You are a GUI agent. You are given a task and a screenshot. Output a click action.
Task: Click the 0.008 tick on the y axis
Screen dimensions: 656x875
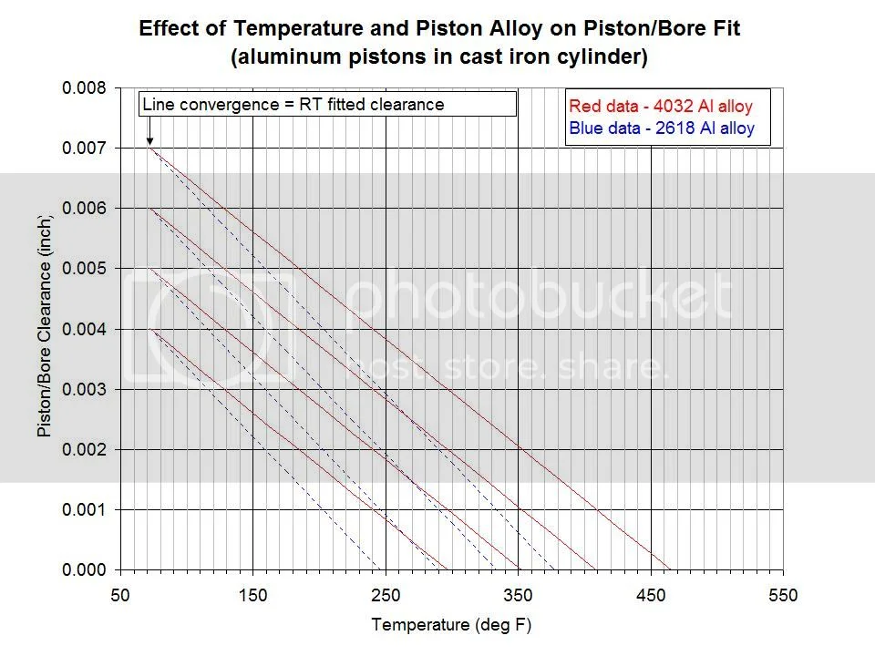coord(84,88)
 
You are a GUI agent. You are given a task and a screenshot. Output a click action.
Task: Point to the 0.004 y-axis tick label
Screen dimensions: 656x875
coord(84,329)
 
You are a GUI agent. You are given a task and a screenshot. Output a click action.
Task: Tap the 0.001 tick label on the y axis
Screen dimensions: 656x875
coord(84,509)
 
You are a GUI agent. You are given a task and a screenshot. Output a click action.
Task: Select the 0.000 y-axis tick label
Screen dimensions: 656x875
coord(84,569)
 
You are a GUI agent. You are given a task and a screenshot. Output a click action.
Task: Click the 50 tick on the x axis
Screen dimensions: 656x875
coord(120,596)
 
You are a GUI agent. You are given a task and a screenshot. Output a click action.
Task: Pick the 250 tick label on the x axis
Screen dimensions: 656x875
coord(386,596)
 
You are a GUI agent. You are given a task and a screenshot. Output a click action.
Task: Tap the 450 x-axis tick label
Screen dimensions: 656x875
coord(651,596)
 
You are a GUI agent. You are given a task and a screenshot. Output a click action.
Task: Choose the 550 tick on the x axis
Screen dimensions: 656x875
coord(783,596)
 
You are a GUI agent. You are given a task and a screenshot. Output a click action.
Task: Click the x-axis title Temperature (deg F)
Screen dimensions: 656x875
coord(451,625)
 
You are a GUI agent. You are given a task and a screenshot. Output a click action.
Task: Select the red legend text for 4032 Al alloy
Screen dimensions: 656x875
coord(660,108)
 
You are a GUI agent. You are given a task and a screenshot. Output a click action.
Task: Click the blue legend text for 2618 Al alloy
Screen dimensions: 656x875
coord(661,128)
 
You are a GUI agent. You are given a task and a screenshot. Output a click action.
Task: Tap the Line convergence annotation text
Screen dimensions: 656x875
coord(293,104)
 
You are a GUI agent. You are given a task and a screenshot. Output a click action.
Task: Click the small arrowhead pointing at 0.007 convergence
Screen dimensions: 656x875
coord(149,141)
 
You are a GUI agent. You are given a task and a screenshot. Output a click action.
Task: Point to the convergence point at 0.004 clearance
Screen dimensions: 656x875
coord(150,329)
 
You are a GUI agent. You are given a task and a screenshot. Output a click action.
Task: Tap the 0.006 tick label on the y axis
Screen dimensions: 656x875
coord(84,209)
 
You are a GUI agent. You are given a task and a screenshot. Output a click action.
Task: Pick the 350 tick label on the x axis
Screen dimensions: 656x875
coord(518,596)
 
